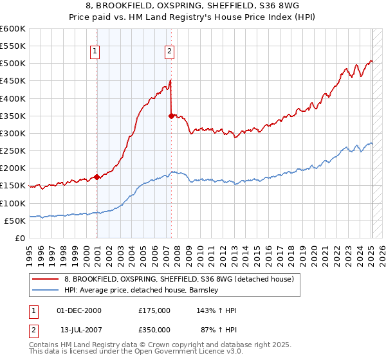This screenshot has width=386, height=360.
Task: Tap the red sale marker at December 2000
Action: click(96, 177)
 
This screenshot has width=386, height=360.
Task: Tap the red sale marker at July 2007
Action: click(171, 116)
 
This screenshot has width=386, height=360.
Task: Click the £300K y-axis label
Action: click(13, 133)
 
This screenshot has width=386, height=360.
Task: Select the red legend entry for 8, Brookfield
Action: click(178, 279)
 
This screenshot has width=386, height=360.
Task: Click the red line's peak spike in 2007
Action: click(170, 80)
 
